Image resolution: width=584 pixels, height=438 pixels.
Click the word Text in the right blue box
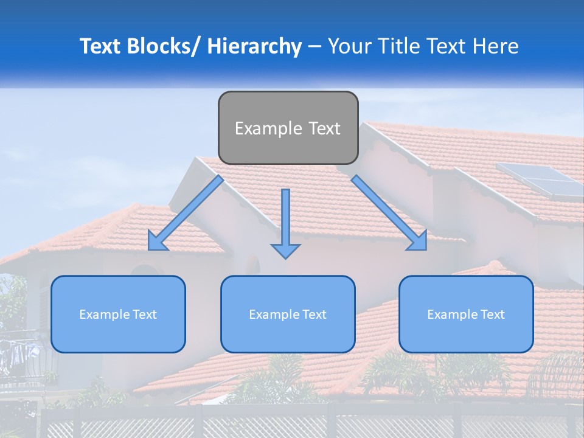(492, 315)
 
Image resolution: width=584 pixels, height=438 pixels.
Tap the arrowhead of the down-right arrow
(419, 242)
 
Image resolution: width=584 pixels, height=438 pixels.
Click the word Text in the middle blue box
(314, 315)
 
